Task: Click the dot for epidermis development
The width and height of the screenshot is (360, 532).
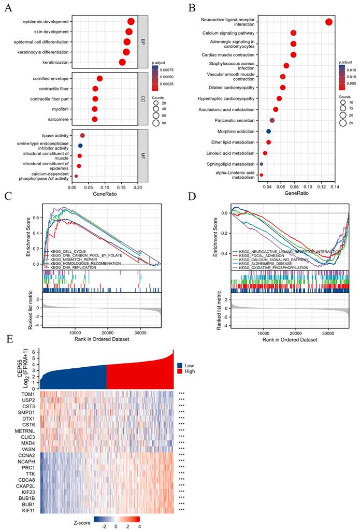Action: click(x=131, y=21)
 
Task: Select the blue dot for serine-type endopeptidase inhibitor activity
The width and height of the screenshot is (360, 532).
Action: click(x=80, y=146)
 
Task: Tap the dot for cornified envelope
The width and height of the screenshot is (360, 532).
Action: click(x=99, y=78)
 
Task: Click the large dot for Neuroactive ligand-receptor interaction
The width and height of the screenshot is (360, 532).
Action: click(x=328, y=22)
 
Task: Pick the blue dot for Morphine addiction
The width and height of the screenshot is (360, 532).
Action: click(x=268, y=132)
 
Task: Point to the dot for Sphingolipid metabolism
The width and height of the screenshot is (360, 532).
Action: click(x=262, y=164)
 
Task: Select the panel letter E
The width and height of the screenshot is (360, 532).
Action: click(x=7, y=339)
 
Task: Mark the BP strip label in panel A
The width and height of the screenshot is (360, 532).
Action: click(x=143, y=42)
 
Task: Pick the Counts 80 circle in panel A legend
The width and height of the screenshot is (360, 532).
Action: click(x=156, y=123)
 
